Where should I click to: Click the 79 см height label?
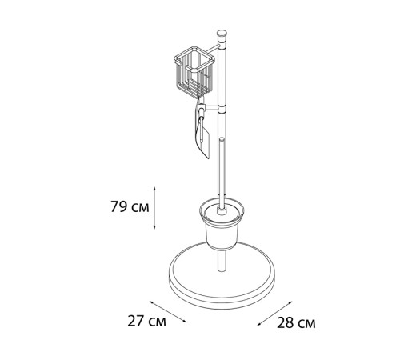click(130, 207)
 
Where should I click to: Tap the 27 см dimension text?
click(146, 321)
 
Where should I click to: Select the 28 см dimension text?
click(296, 323)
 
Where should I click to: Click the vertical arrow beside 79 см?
click(154, 208)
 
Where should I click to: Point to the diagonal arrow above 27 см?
click(168, 311)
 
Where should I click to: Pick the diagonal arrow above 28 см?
click(274, 314)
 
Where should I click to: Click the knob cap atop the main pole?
click(222, 34)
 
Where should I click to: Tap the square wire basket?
click(194, 73)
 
